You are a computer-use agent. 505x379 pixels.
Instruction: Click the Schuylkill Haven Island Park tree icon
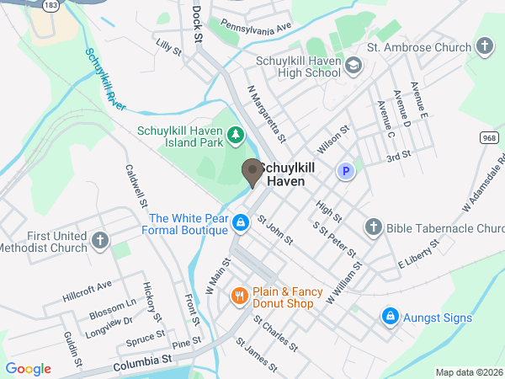point(237,133)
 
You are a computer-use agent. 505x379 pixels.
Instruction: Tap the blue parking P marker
point(344,172)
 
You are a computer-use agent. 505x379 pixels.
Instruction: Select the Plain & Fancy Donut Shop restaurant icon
point(240,296)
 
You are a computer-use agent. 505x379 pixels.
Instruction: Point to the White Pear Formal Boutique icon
point(241,222)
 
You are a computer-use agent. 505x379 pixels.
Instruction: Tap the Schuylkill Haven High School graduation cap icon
point(353,65)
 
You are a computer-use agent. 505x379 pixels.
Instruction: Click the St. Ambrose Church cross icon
point(485,47)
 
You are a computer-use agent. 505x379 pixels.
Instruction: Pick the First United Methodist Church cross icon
point(99,242)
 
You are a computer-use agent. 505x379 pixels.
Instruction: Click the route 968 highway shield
point(490,137)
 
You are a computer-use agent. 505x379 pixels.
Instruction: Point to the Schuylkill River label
point(104,80)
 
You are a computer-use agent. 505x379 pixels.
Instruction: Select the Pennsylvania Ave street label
point(250,27)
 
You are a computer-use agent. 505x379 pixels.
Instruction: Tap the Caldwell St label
point(136,186)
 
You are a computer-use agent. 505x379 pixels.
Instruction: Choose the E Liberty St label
point(419,253)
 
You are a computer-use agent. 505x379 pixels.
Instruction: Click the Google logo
point(28,369)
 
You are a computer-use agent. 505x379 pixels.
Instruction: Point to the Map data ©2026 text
point(468,372)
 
